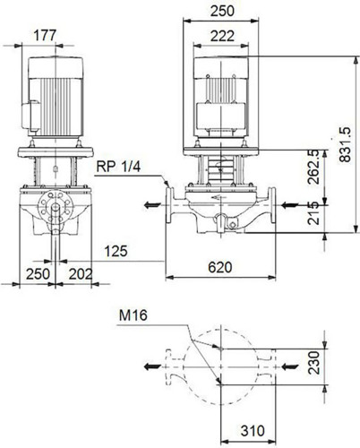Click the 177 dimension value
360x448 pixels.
coord(45,35)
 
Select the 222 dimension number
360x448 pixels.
coord(222,36)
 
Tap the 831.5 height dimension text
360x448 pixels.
coord(346,145)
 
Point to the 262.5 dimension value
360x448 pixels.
coord(313,168)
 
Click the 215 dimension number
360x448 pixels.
coord(313,213)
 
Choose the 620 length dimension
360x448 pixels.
coord(220,267)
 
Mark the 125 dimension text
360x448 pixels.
coord(116,251)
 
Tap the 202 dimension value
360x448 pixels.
coord(81,274)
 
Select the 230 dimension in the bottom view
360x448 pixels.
coord(314,363)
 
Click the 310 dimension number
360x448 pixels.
coord(253,431)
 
